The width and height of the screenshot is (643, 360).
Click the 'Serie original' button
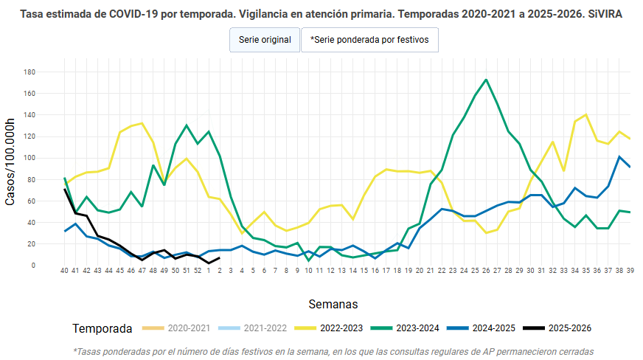(265, 40)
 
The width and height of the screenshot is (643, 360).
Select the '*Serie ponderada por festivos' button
(369, 40)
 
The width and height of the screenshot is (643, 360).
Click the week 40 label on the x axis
(64, 271)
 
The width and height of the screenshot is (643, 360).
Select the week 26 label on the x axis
(486, 271)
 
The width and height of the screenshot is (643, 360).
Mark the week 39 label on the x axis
(630, 271)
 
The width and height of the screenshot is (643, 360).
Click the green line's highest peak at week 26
(486, 80)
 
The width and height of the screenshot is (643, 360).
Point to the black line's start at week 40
(65, 190)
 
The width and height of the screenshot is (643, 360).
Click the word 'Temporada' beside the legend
(102, 328)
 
